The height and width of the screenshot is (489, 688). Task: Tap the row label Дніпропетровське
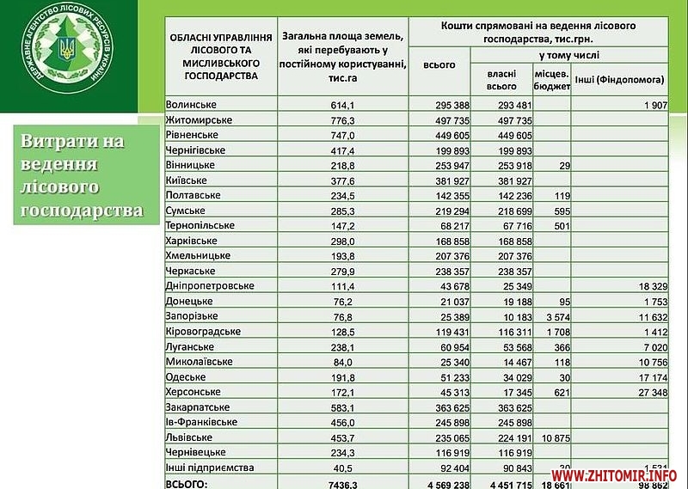point(207,285)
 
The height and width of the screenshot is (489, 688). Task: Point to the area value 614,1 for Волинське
point(344,105)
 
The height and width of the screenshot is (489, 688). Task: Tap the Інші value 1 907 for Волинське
point(652,105)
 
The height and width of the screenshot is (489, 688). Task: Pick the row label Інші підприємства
point(210,467)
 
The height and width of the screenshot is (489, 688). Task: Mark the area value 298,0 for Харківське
point(344,241)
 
